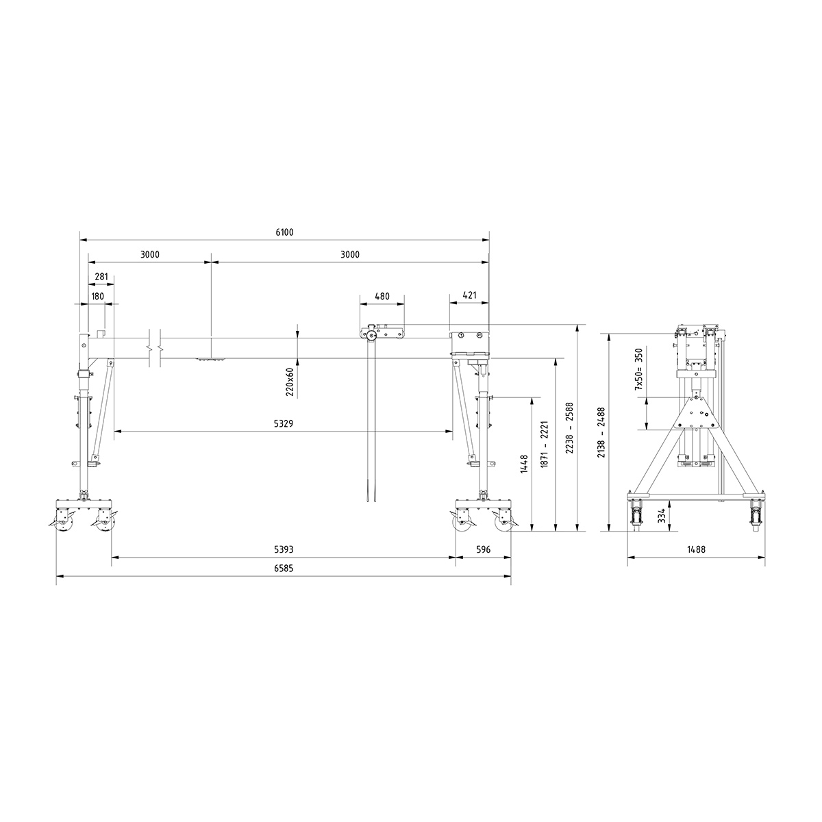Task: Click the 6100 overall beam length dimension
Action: coord(284,232)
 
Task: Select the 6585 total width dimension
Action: coord(284,569)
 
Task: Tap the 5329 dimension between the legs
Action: coord(284,423)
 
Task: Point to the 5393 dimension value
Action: coord(284,549)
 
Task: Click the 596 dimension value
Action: coord(484,549)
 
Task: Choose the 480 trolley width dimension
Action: coord(382,297)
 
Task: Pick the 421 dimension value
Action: coord(469,297)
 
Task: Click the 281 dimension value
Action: coord(101,277)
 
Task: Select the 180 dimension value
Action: coord(97,297)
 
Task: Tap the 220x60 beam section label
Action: coord(290,382)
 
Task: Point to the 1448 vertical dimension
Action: coord(524,464)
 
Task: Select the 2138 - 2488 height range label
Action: coord(601,432)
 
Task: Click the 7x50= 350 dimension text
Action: coord(638,369)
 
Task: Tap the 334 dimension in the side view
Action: coord(662,516)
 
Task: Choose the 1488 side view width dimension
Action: coord(697,549)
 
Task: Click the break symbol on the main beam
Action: coord(155,347)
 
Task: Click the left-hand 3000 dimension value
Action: coord(150,255)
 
